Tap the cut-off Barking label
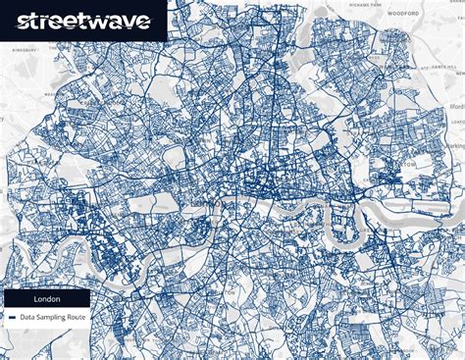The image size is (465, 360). tap(456, 148)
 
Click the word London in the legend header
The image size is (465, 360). tap(46, 298)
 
